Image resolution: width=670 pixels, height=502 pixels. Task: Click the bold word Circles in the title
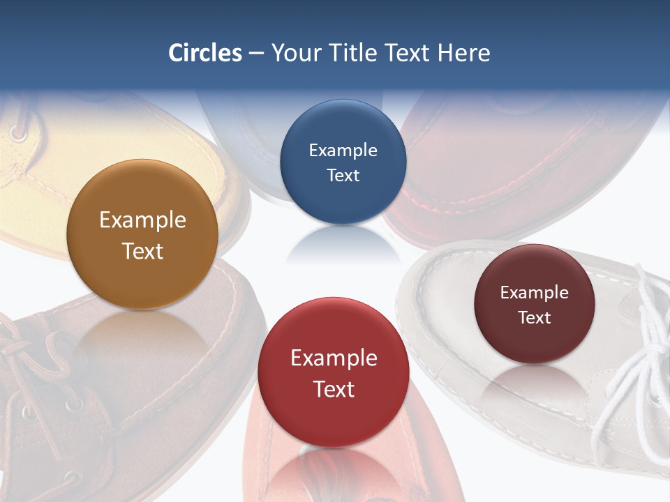pyautogui.click(x=205, y=53)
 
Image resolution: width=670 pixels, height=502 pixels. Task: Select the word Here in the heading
pyautogui.click(x=464, y=53)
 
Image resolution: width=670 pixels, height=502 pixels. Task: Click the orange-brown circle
pyautogui.click(x=142, y=235)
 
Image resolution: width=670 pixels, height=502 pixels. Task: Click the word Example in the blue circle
pyautogui.click(x=343, y=151)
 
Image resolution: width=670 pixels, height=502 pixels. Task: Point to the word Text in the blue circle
pyautogui.click(x=343, y=176)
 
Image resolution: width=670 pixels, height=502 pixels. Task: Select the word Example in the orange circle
pyautogui.click(x=142, y=220)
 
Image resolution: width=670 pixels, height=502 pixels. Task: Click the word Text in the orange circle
pyautogui.click(x=142, y=251)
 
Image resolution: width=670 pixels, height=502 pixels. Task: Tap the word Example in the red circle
pyautogui.click(x=334, y=358)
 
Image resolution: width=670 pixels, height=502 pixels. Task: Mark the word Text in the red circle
pyautogui.click(x=334, y=389)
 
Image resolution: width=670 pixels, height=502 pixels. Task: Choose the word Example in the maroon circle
pyautogui.click(x=535, y=293)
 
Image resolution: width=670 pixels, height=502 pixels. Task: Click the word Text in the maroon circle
pyautogui.click(x=535, y=318)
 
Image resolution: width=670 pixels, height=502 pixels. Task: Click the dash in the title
pyautogui.click(x=256, y=54)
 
